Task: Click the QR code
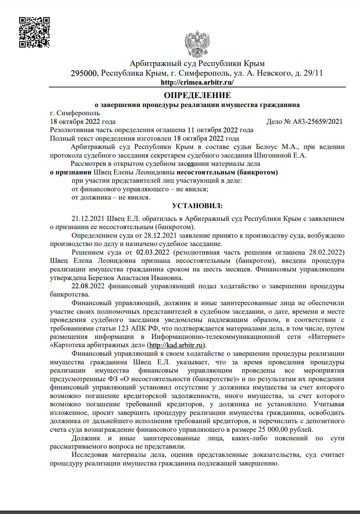[34, 32]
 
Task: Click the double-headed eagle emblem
[197, 44]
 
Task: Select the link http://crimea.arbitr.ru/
[197, 82]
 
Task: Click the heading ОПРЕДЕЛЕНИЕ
[197, 95]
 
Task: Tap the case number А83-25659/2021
[317, 121]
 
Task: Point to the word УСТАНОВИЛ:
[197, 206]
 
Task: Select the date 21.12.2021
[88, 219]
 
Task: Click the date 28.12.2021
[160, 236]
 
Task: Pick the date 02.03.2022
[153, 253]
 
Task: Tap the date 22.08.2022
[88, 286]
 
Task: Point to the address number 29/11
[313, 73]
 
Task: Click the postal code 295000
[84, 73]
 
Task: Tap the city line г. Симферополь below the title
[75, 113]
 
